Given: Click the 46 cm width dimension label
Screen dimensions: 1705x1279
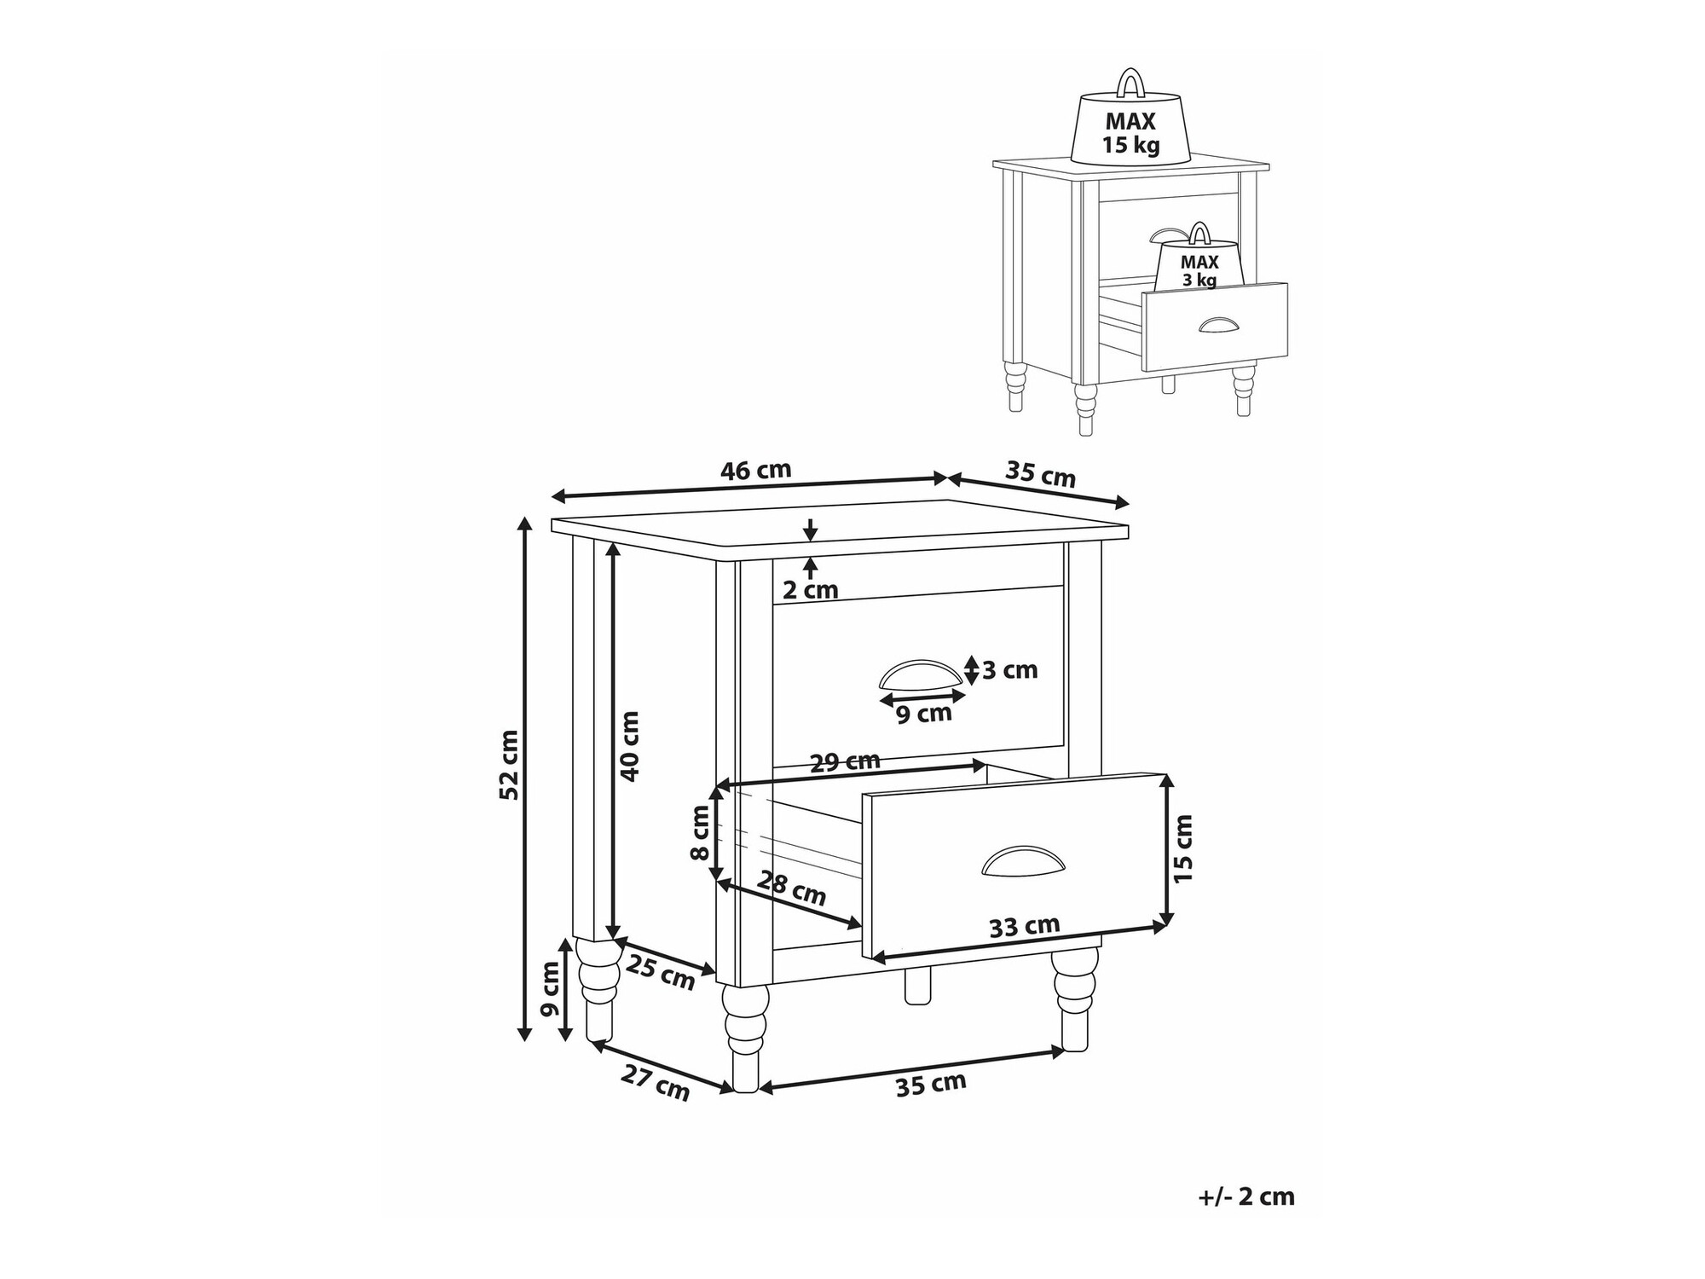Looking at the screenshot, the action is pos(756,470).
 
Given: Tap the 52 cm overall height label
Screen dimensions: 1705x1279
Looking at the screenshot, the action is pos(508,764).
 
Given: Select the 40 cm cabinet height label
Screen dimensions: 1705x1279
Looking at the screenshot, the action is pos(630,746).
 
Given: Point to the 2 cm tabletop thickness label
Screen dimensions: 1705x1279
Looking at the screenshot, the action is pos(811,589).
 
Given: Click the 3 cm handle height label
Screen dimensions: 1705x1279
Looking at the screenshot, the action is pos(1010,670).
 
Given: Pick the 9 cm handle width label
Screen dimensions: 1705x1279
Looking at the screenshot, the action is pos(924,713).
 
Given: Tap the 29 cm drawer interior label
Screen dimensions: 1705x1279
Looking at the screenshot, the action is pos(845,761).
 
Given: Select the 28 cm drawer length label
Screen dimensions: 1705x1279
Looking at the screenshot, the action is pos(792,888).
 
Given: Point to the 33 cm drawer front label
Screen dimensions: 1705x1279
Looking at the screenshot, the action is pos(1025,926).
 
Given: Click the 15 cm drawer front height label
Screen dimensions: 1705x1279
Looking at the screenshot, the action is pos(1183,848).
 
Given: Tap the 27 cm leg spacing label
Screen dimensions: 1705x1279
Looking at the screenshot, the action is pos(655,1084).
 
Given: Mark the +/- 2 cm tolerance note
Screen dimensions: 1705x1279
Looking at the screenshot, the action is pos(1246,1197).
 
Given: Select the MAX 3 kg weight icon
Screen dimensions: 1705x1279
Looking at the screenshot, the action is pos(1199,259).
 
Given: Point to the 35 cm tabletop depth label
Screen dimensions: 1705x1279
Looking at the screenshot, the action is pos(1040,474).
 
